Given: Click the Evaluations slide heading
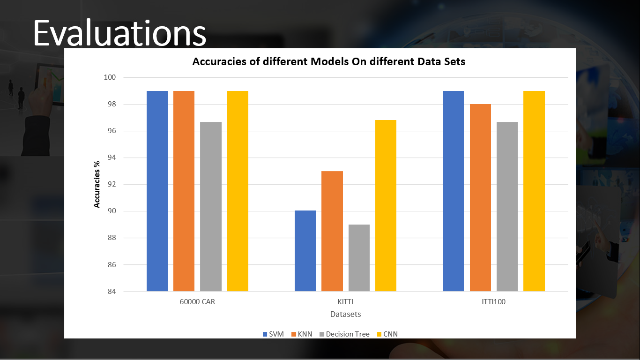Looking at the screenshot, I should (119, 33).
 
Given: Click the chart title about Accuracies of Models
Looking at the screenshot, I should (329, 61).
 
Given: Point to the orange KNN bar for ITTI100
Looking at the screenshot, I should (480, 197).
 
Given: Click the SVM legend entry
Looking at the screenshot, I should (273, 334).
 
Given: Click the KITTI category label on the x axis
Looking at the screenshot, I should (345, 302).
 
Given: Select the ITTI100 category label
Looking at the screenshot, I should (493, 302).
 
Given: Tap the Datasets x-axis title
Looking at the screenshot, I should (345, 314).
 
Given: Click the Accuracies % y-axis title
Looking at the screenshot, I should (97, 184).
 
